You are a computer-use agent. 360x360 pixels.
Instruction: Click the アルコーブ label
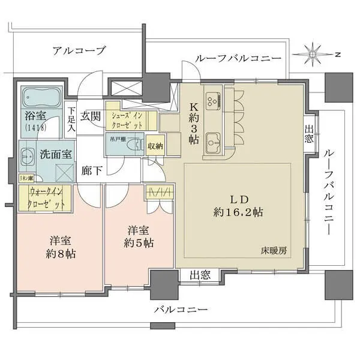[x=79, y=50]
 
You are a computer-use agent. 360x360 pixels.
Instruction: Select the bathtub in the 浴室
[x=42, y=96]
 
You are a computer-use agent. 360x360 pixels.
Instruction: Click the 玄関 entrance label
[x=91, y=115]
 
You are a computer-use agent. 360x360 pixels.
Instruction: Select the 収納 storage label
[x=155, y=145]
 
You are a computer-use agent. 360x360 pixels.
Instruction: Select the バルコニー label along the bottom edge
[x=179, y=310]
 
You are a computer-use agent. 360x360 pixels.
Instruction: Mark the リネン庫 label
[x=25, y=178]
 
